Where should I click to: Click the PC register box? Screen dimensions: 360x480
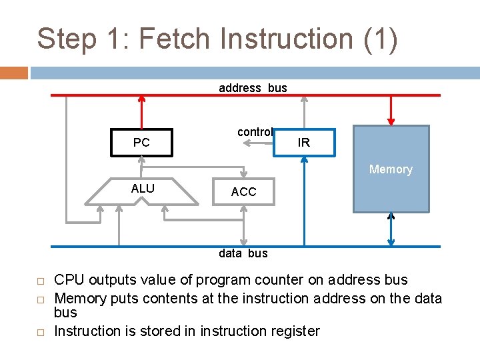pos(141,142)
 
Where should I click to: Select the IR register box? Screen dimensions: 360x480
pos(304,143)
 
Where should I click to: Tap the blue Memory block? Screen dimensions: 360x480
pos(391,169)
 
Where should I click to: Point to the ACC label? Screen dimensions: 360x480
pos(243,192)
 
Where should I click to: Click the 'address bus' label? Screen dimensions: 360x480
pos(253,88)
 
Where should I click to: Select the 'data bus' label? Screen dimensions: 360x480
pos(243,253)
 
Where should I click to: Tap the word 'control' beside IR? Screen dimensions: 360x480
pos(255,132)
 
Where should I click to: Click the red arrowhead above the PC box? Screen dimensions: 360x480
pos(141,99)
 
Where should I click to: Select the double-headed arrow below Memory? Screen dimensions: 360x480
pos(391,229)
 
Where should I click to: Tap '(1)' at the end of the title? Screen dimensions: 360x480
pos(381,39)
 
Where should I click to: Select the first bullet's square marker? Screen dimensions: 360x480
pos(40,281)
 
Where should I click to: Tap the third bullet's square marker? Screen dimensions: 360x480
pos(40,332)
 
